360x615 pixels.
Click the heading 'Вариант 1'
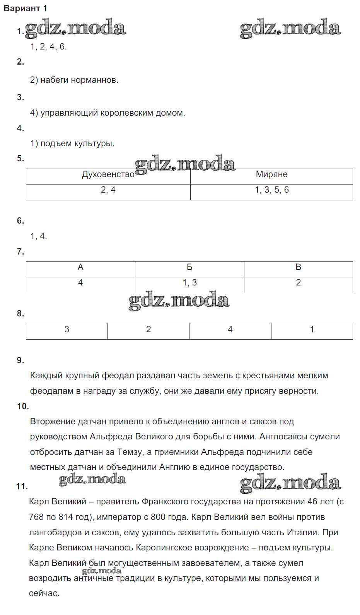click(26, 9)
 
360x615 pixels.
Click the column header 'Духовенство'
click(108, 174)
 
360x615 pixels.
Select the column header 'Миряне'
click(271, 174)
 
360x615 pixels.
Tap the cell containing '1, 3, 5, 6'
click(271, 190)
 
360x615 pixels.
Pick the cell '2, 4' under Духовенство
click(108, 190)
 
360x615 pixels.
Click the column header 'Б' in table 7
click(189, 267)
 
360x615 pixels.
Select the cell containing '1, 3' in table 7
click(189, 283)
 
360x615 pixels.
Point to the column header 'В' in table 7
click(298, 267)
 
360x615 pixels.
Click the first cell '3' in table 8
click(67, 330)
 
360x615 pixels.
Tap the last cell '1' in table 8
click(312, 330)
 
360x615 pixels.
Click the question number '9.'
click(20, 360)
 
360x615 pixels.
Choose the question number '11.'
click(22, 487)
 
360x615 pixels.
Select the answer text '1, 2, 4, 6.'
click(49, 47)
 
